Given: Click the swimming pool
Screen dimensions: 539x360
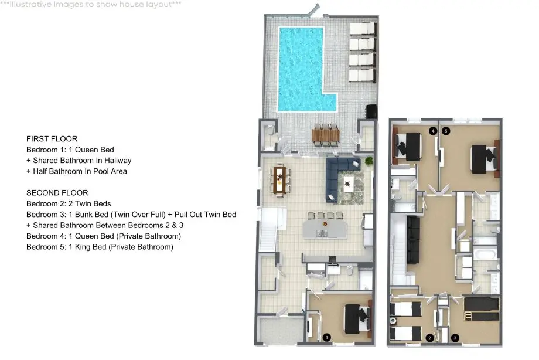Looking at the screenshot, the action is tap(301, 69).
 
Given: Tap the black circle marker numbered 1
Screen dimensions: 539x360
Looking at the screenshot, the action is tap(326, 338).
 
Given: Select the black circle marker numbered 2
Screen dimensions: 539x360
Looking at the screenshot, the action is tap(429, 338).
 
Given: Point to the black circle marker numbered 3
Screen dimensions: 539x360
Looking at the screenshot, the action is tap(455, 338).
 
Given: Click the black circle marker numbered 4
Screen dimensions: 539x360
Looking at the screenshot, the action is tap(433, 131).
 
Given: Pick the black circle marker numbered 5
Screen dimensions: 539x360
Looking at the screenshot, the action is tap(446, 131).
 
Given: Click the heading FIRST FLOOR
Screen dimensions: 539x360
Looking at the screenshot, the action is tap(52, 139).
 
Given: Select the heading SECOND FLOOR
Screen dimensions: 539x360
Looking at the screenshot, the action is tap(57, 193).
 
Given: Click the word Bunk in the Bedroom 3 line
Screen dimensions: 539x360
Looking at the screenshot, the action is tap(84, 215).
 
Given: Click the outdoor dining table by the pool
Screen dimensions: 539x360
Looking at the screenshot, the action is tap(326, 135).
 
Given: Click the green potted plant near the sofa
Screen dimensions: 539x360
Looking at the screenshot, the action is tap(369, 161).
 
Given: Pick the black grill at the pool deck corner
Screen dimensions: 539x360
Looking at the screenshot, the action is tap(371, 111).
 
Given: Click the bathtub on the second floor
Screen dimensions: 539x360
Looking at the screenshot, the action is tap(485, 255).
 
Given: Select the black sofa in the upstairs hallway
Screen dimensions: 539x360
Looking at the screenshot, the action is tap(414, 240).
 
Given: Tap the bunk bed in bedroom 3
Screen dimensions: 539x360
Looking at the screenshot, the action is tap(481, 309).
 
